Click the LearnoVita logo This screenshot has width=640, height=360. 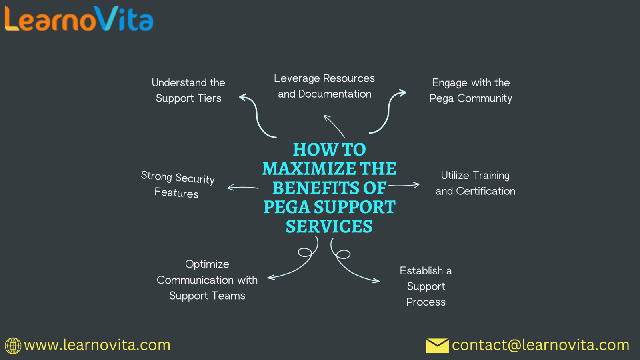coord(79,19)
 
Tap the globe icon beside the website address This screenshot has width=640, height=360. coord(13,346)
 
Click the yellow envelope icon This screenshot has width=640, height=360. coord(437,346)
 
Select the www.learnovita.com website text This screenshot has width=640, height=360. coord(97,345)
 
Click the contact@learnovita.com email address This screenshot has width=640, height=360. coord(540,345)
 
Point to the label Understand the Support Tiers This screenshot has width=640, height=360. coord(188,90)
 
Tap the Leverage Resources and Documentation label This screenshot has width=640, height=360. coord(324,86)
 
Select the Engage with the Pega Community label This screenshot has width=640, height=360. coord(471,90)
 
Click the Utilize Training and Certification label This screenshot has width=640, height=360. coord(475,183)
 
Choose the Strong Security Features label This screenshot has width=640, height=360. coord(177,184)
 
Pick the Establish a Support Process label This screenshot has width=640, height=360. coord(426,286)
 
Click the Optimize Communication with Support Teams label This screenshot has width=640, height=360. coord(207,280)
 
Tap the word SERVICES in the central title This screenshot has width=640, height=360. coord(329,227)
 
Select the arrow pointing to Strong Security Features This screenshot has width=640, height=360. coord(243,187)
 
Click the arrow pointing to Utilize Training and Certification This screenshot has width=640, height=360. coord(404,185)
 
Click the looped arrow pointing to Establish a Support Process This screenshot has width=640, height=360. coord(348,266)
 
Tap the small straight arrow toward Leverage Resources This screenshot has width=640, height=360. coord(334,126)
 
